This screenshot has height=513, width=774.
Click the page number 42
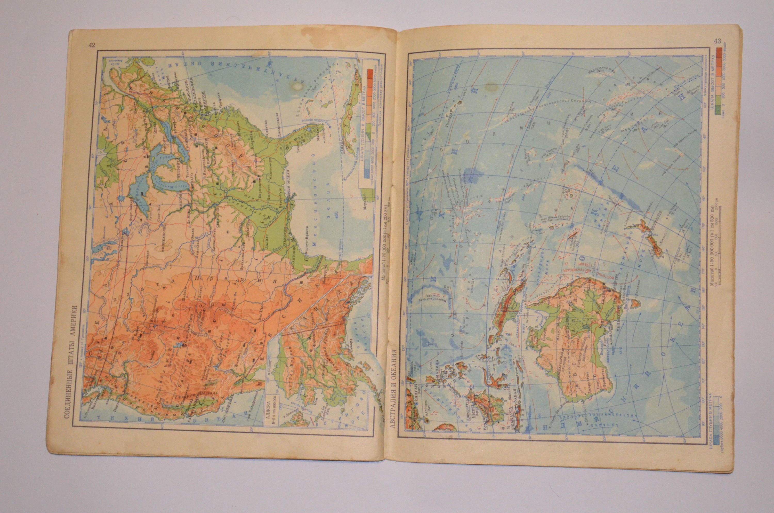click(x=92, y=45)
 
